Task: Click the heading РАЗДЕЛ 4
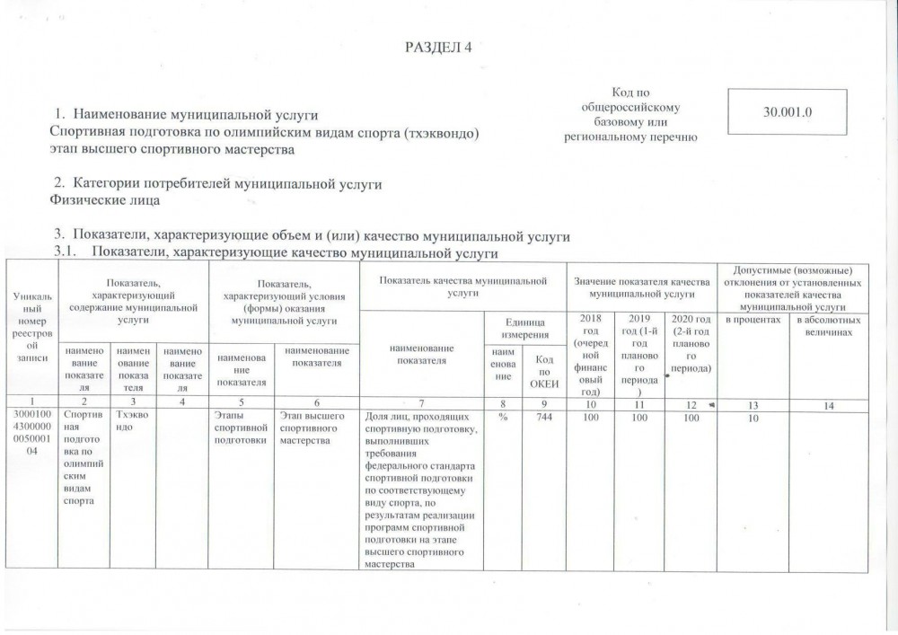[x=439, y=48]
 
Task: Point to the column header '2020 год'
[x=690, y=342]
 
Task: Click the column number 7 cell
[x=420, y=406]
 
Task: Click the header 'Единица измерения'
[x=525, y=327]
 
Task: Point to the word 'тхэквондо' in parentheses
[x=439, y=133]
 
